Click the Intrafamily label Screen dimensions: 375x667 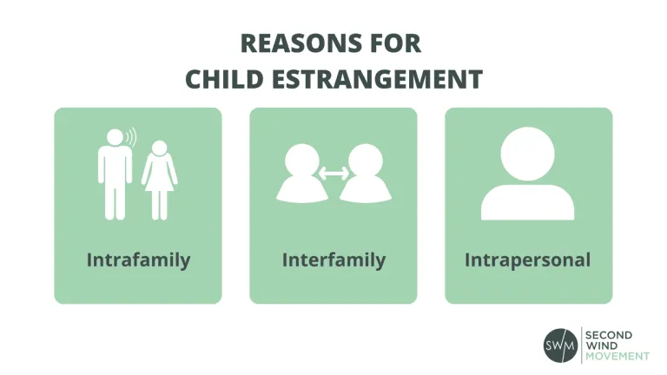138,260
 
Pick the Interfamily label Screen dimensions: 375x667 333,260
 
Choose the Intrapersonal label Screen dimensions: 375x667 528,260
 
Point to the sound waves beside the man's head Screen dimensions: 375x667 132,138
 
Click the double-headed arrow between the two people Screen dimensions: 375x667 333,174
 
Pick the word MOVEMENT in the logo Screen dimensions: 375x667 618,356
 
